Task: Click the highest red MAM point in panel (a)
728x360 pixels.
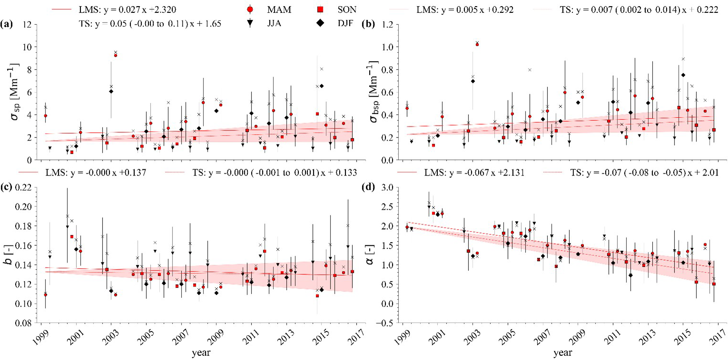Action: coord(115,55)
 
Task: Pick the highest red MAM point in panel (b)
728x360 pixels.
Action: coord(477,44)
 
